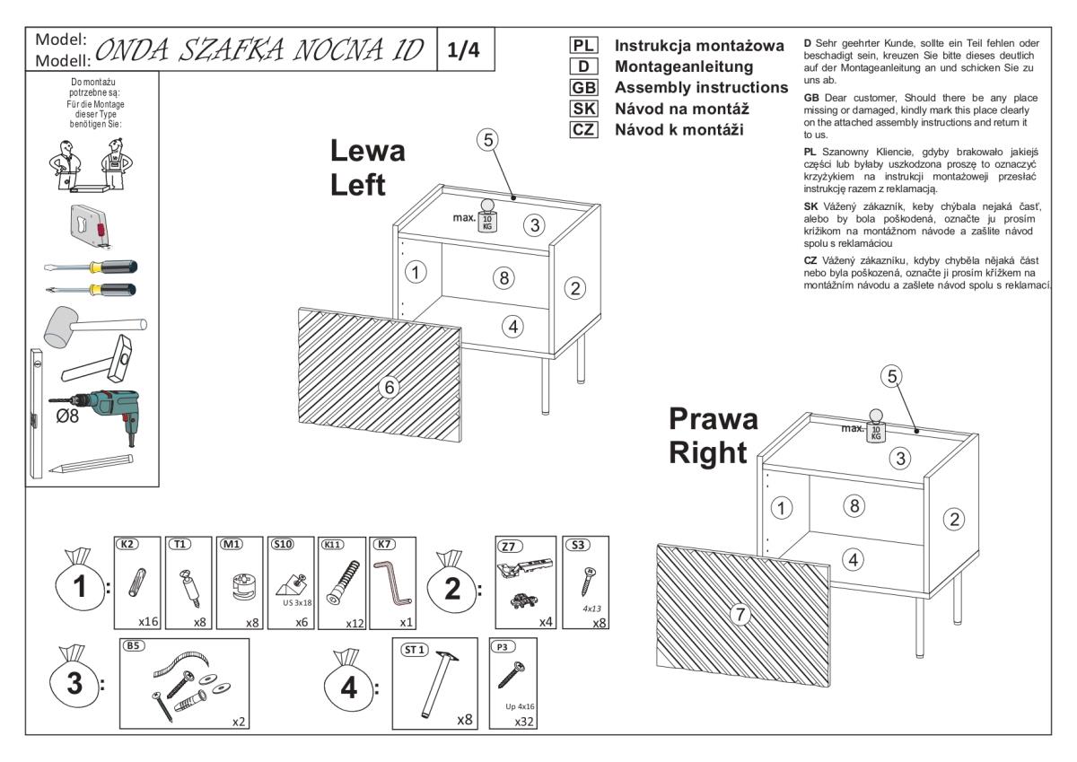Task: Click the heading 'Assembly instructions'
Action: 701,87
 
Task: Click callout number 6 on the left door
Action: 389,387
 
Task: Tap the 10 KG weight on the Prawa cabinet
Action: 876,427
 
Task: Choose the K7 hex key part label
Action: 385,544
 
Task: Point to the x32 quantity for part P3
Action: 526,720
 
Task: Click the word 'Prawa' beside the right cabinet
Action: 714,419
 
